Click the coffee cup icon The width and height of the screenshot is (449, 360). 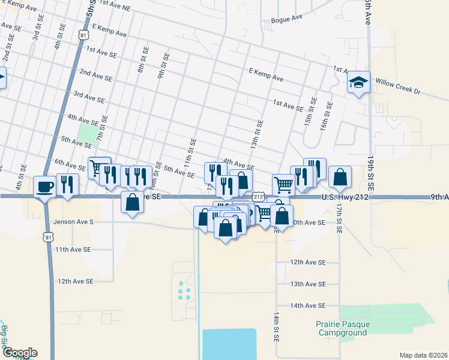click(x=45, y=187)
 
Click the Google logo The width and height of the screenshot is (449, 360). click(x=19, y=353)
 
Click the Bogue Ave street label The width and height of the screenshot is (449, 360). click(x=287, y=19)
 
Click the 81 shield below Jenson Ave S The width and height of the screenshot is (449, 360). click(x=47, y=238)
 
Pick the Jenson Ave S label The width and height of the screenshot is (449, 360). click(x=74, y=221)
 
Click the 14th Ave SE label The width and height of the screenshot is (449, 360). click(x=307, y=305)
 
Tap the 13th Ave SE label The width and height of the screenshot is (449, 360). click(x=307, y=284)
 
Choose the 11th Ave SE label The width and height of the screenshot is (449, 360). click(x=72, y=249)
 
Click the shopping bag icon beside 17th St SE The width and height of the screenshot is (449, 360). click(x=340, y=176)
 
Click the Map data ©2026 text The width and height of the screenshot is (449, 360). click(x=424, y=355)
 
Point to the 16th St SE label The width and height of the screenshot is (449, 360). click(x=326, y=116)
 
